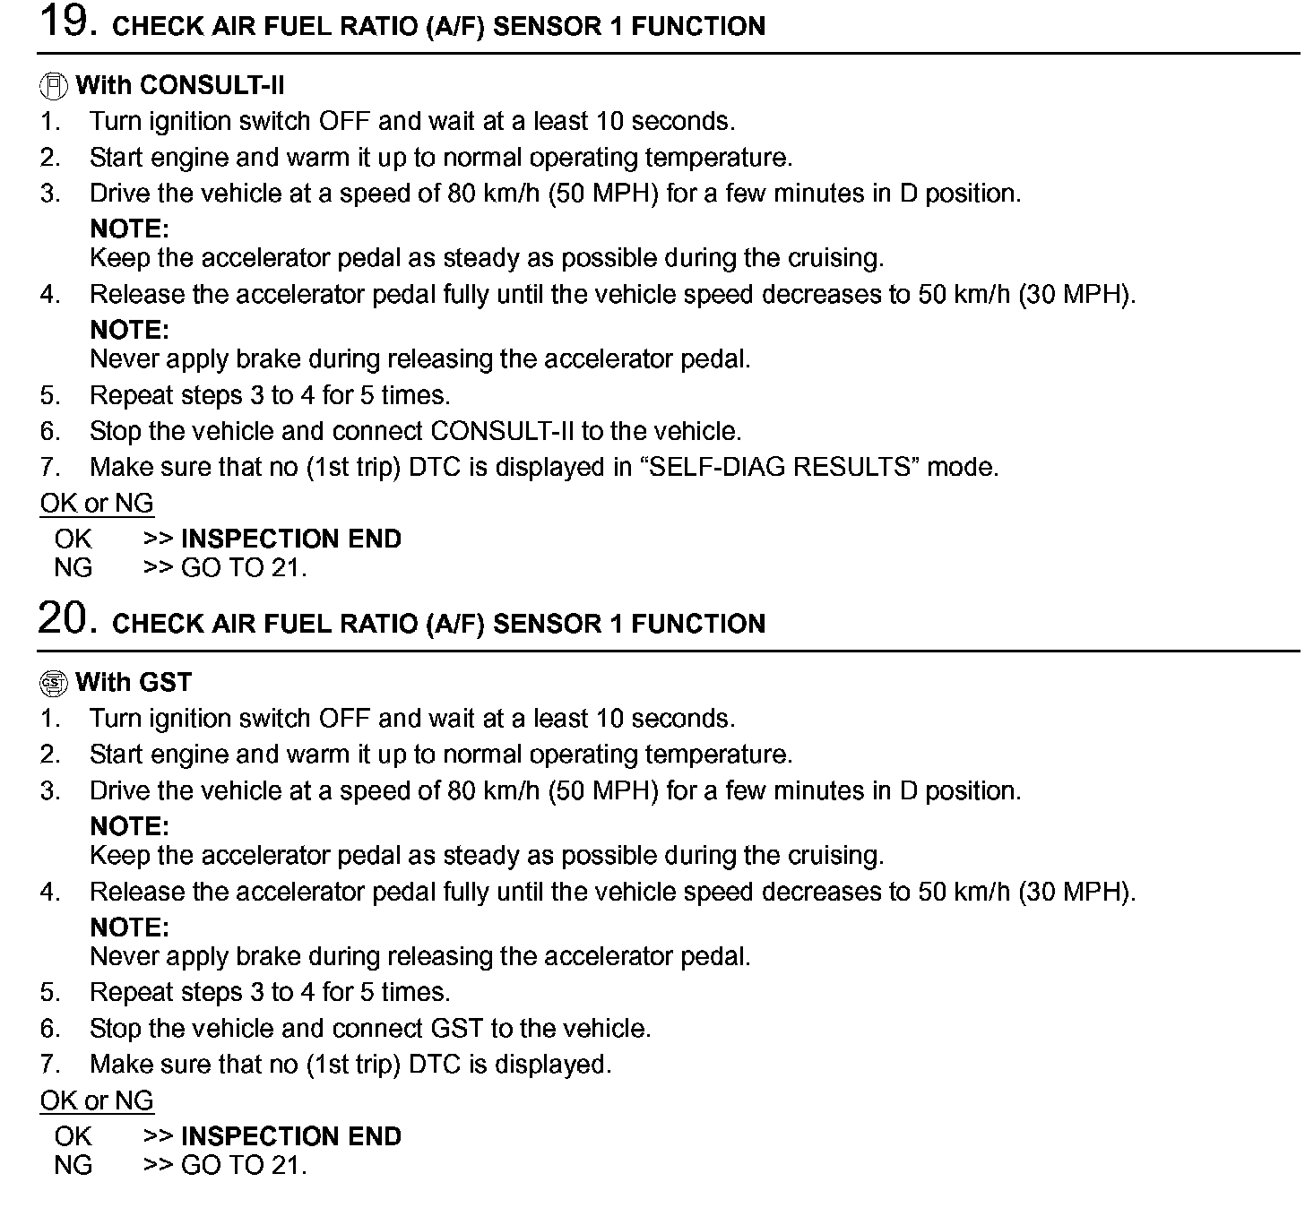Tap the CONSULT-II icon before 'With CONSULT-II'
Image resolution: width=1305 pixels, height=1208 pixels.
coord(54,86)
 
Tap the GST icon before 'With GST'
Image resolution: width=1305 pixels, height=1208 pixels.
coord(54,683)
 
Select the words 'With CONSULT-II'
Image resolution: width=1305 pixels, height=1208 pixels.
coord(180,86)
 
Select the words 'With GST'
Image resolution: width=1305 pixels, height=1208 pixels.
coord(134,683)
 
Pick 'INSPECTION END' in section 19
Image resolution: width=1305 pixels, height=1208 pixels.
coord(291,539)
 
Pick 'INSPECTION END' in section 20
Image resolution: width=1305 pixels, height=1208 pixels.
coord(291,1136)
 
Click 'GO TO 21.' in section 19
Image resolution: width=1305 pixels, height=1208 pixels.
coord(244,568)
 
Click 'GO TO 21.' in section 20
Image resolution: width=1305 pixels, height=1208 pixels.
coord(244,1165)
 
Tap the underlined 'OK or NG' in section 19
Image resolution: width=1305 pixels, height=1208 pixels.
coord(97,504)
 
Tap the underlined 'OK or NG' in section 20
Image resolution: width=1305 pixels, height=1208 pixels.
coord(97,1100)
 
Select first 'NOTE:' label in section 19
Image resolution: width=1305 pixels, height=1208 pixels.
coord(129,229)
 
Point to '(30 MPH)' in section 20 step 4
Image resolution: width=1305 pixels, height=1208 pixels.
coord(1076,892)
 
